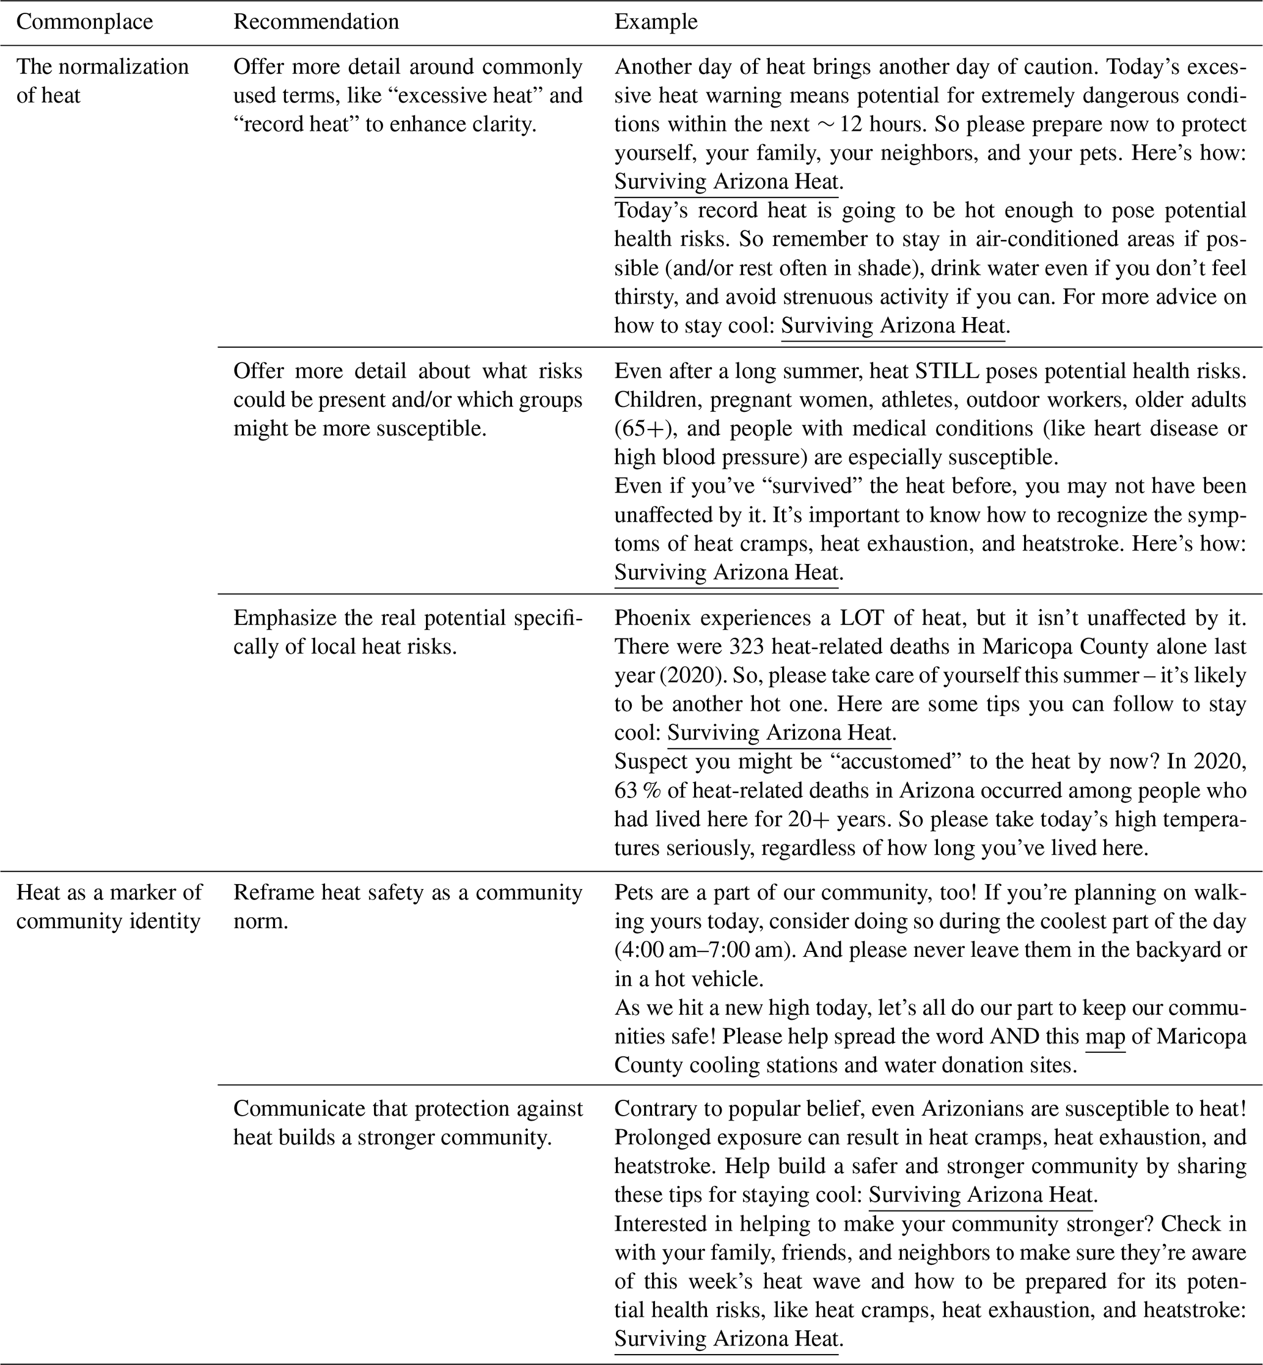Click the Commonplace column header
[x=84, y=22]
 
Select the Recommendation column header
[x=316, y=22]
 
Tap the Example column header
[x=656, y=22]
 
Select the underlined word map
[x=1105, y=1037]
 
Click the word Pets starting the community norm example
[x=635, y=892]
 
